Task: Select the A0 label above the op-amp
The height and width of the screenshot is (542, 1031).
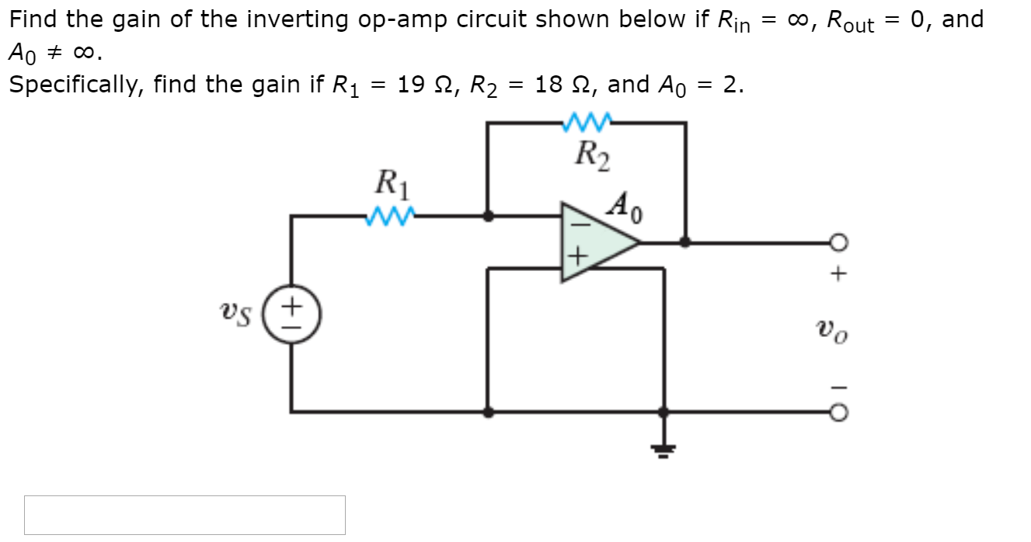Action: pos(626,206)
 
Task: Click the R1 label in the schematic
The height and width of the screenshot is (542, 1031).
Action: pos(392,186)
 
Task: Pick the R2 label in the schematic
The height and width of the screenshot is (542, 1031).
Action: pos(591,154)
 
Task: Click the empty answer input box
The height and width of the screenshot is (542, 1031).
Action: pos(184,515)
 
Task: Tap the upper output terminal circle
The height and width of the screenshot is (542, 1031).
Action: pos(837,242)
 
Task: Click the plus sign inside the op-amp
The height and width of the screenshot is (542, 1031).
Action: pos(576,257)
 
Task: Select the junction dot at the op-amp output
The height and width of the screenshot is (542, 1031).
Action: pos(684,241)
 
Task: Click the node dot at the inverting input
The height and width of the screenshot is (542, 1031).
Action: pos(487,217)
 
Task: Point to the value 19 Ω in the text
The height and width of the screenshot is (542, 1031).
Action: pos(424,84)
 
